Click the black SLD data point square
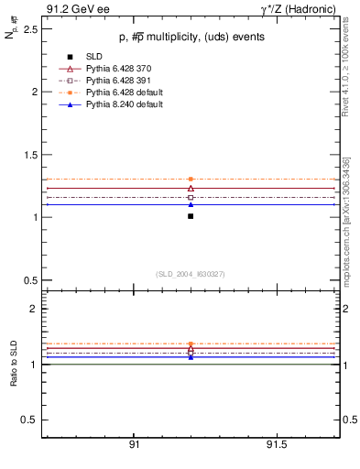[191, 216]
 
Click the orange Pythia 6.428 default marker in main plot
[191, 180]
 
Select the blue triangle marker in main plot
[191, 204]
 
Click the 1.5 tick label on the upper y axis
[28, 155]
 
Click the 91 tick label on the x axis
[134, 445]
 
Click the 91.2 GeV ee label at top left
[74, 9]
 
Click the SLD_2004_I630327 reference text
[190, 274]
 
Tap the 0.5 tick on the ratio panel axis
[28, 420]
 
